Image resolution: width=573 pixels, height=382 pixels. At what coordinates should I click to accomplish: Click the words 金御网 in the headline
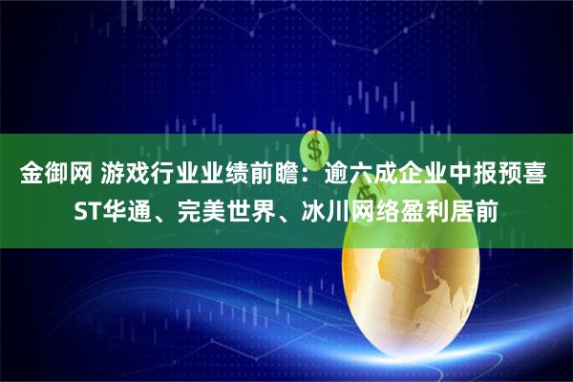pyautogui.click(x=54, y=175)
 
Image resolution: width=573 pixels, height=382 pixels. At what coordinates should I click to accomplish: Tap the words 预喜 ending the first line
pyautogui.click(x=528, y=175)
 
